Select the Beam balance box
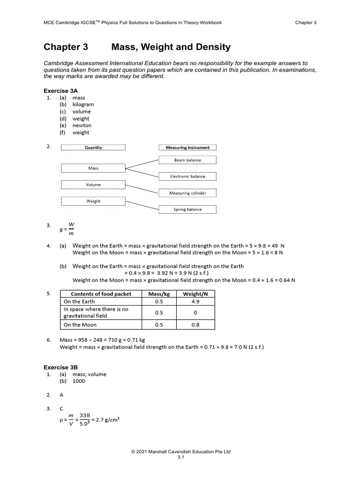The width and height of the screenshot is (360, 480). pyautogui.click(x=187, y=160)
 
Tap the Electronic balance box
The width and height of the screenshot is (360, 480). pyautogui.click(x=187, y=177)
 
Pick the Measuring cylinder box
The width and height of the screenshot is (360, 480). pyautogui.click(x=187, y=193)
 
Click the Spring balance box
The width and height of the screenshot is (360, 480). pyautogui.click(x=187, y=210)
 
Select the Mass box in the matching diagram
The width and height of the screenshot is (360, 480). pyautogui.click(x=93, y=168)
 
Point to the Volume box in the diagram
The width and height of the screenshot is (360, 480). pyautogui.click(x=93, y=185)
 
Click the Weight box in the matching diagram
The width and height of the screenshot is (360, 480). pyautogui.click(x=93, y=201)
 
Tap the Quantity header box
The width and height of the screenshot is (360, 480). pyautogui.click(x=93, y=147)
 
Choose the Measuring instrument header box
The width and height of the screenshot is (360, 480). pyautogui.click(x=187, y=147)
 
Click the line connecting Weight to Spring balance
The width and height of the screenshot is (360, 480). pyautogui.click(x=142, y=205)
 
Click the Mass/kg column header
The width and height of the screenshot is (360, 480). pyautogui.click(x=158, y=294)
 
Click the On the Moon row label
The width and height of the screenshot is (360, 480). pyautogui.click(x=81, y=325)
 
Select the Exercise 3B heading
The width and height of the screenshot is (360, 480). pyautogui.click(x=60, y=367)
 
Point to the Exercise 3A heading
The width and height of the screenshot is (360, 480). pyautogui.click(x=60, y=90)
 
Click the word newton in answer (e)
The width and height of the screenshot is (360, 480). pyautogui.click(x=82, y=126)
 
